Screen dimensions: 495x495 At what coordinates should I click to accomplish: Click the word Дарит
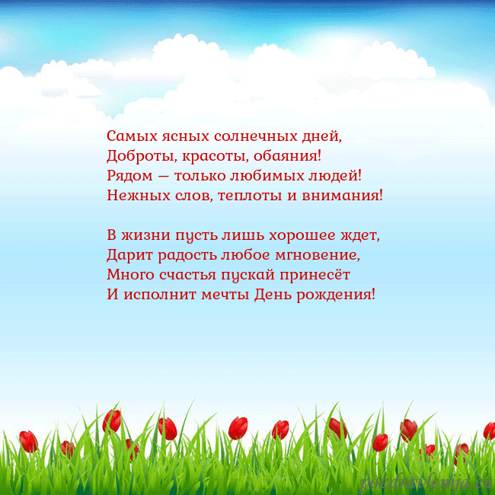[126, 254]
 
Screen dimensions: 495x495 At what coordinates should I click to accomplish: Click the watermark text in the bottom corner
[426, 482]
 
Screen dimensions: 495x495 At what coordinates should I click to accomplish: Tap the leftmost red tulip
[28, 440]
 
